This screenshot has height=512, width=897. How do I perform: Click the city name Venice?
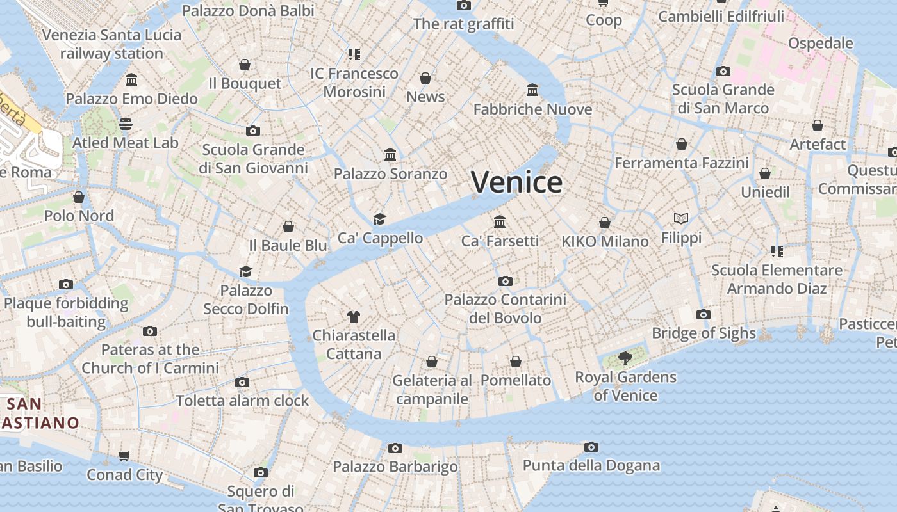[x=516, y=182]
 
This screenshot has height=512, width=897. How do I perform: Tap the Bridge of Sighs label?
[x=704, y=333]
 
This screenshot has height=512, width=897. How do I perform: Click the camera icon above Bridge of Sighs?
[x=704, y=314]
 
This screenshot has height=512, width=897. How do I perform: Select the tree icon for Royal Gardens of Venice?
[x=625, y=358]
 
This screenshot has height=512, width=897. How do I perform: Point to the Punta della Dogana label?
[x=591, y=465]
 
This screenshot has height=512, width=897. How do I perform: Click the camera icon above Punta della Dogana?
[x=591, y=447]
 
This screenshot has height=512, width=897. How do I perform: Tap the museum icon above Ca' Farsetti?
[x=500, y=222]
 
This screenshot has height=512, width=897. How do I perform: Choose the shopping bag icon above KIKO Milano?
[x=605, y=223]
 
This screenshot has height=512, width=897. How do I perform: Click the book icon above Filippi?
[x=681, y=219]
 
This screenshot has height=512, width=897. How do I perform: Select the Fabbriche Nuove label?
[x=532, y=109]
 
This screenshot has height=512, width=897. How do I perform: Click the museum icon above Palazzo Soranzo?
[x=390, y=155]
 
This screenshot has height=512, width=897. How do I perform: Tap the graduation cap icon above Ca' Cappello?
[x=380, y=220]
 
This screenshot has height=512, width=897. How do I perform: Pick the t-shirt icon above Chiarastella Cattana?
[x=353, y=316]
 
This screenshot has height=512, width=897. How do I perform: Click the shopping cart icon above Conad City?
[x=124, y=456]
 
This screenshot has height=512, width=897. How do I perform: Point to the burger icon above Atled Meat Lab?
[x=125, y=124]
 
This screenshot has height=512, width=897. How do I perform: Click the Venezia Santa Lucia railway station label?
[x=112, y=44]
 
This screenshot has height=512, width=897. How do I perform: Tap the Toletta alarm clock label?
[x=242, y=401]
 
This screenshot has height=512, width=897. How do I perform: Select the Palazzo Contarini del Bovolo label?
[x=505, y=308]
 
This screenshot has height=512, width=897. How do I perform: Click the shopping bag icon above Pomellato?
[x=516, y=362]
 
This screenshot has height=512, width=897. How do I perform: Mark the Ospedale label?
[x=820, y=44]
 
